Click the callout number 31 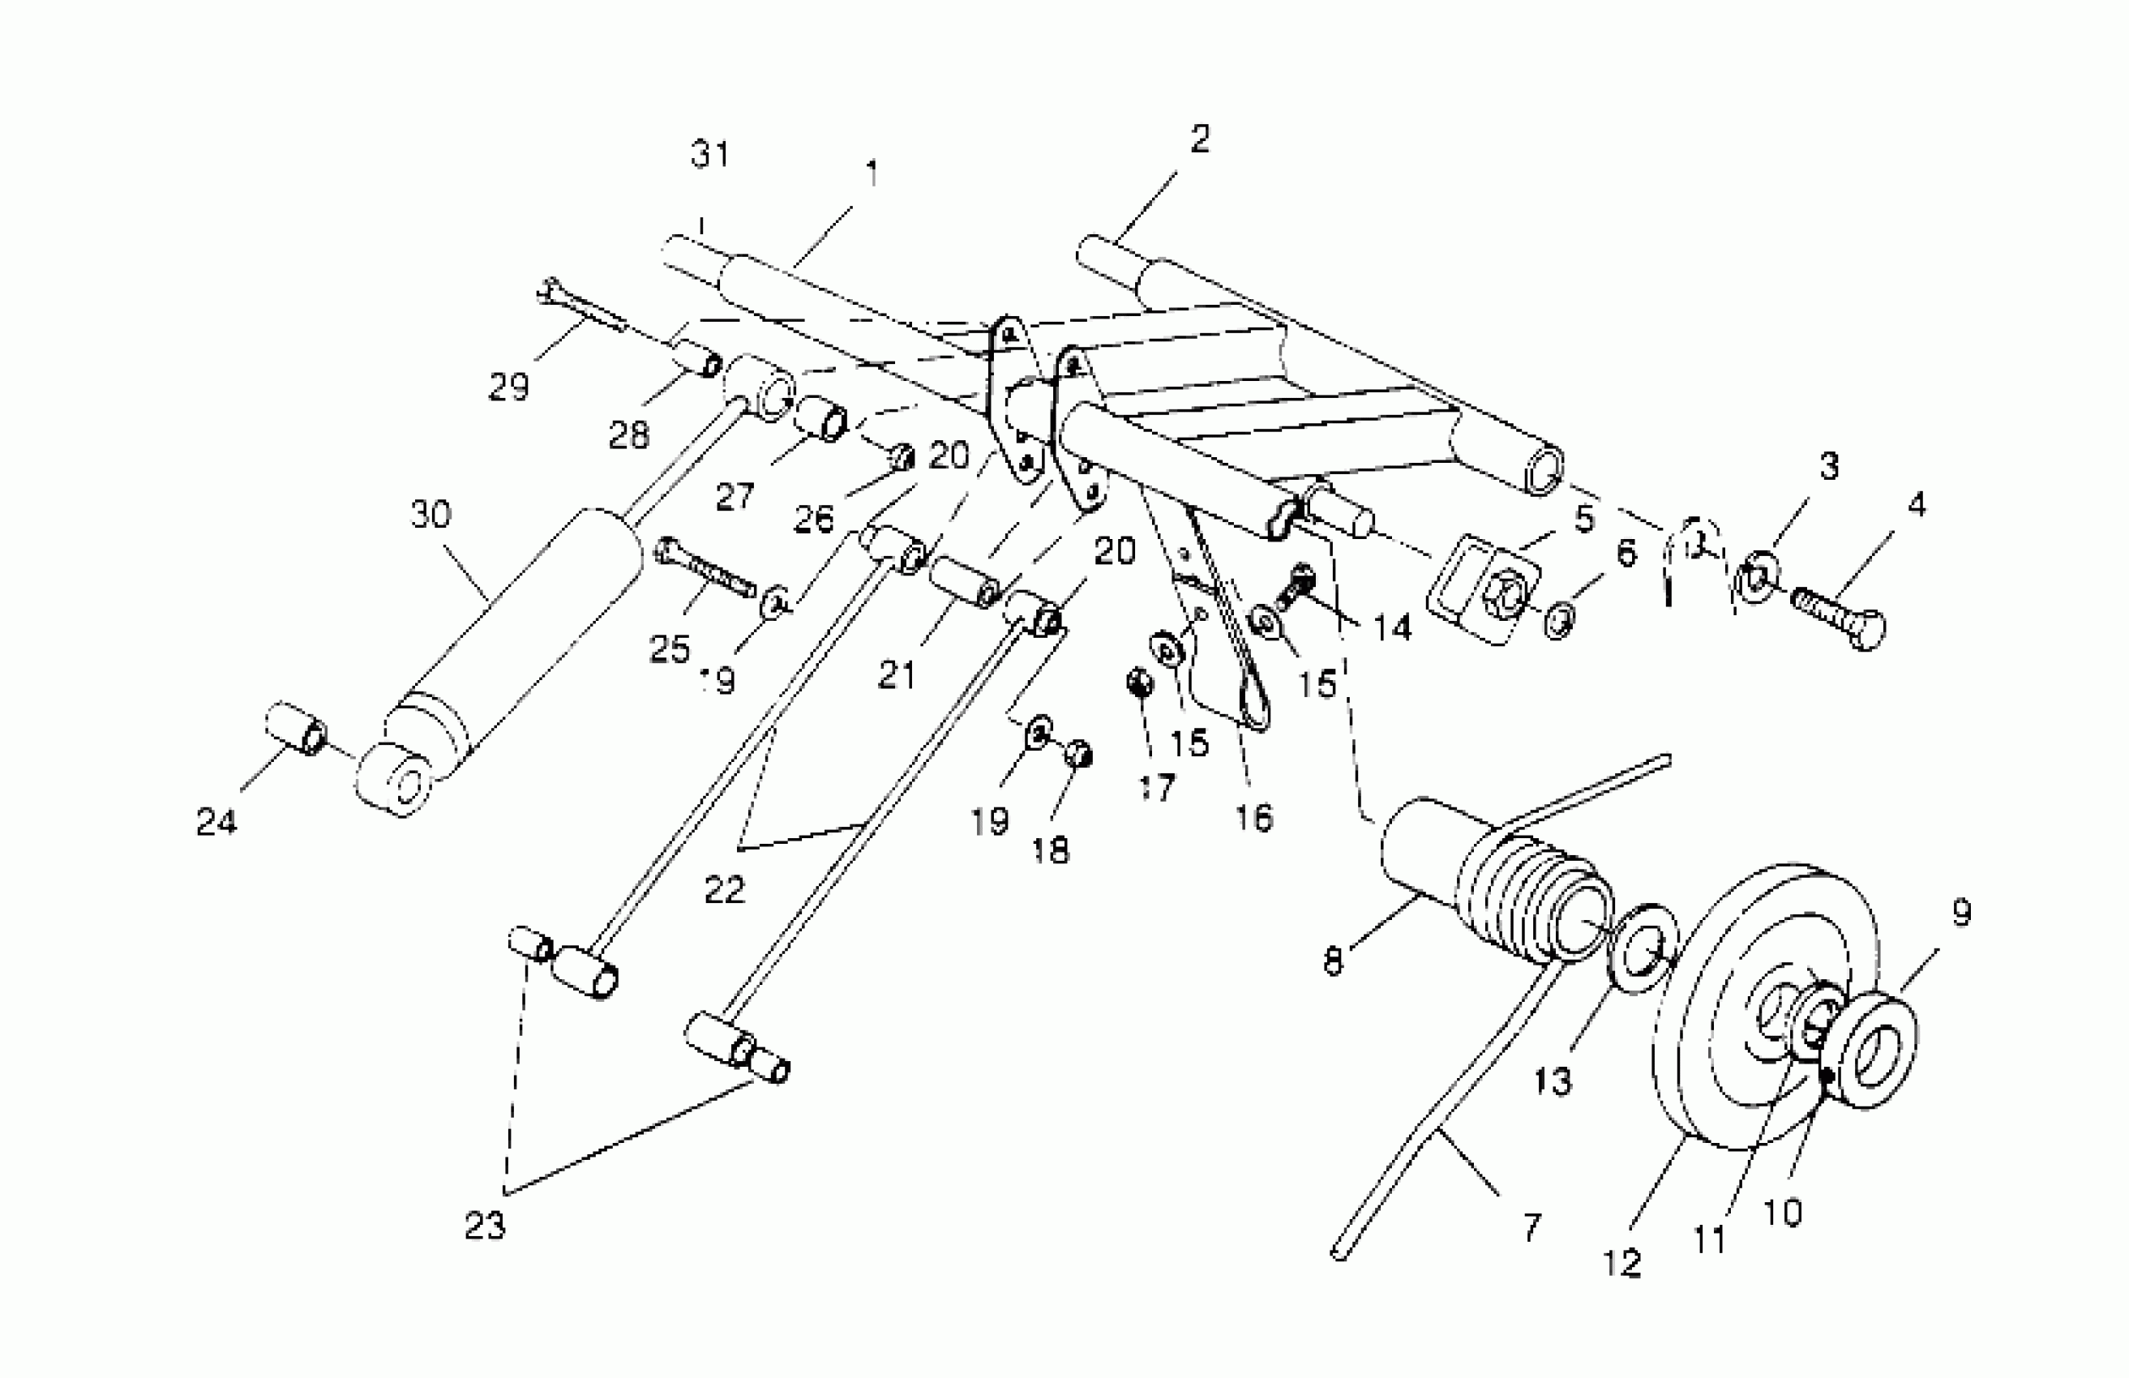[711, 155]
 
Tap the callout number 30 [431, 514]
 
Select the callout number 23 [485, 1226]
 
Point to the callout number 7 [1531, 1227]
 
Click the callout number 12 [1621, 1263]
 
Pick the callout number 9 [1961, 913]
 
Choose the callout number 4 [1916, 505]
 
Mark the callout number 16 [1254, 817]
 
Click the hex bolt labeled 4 [1841, 617]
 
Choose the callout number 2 [1200, 139]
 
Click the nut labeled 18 [1080, 754]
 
